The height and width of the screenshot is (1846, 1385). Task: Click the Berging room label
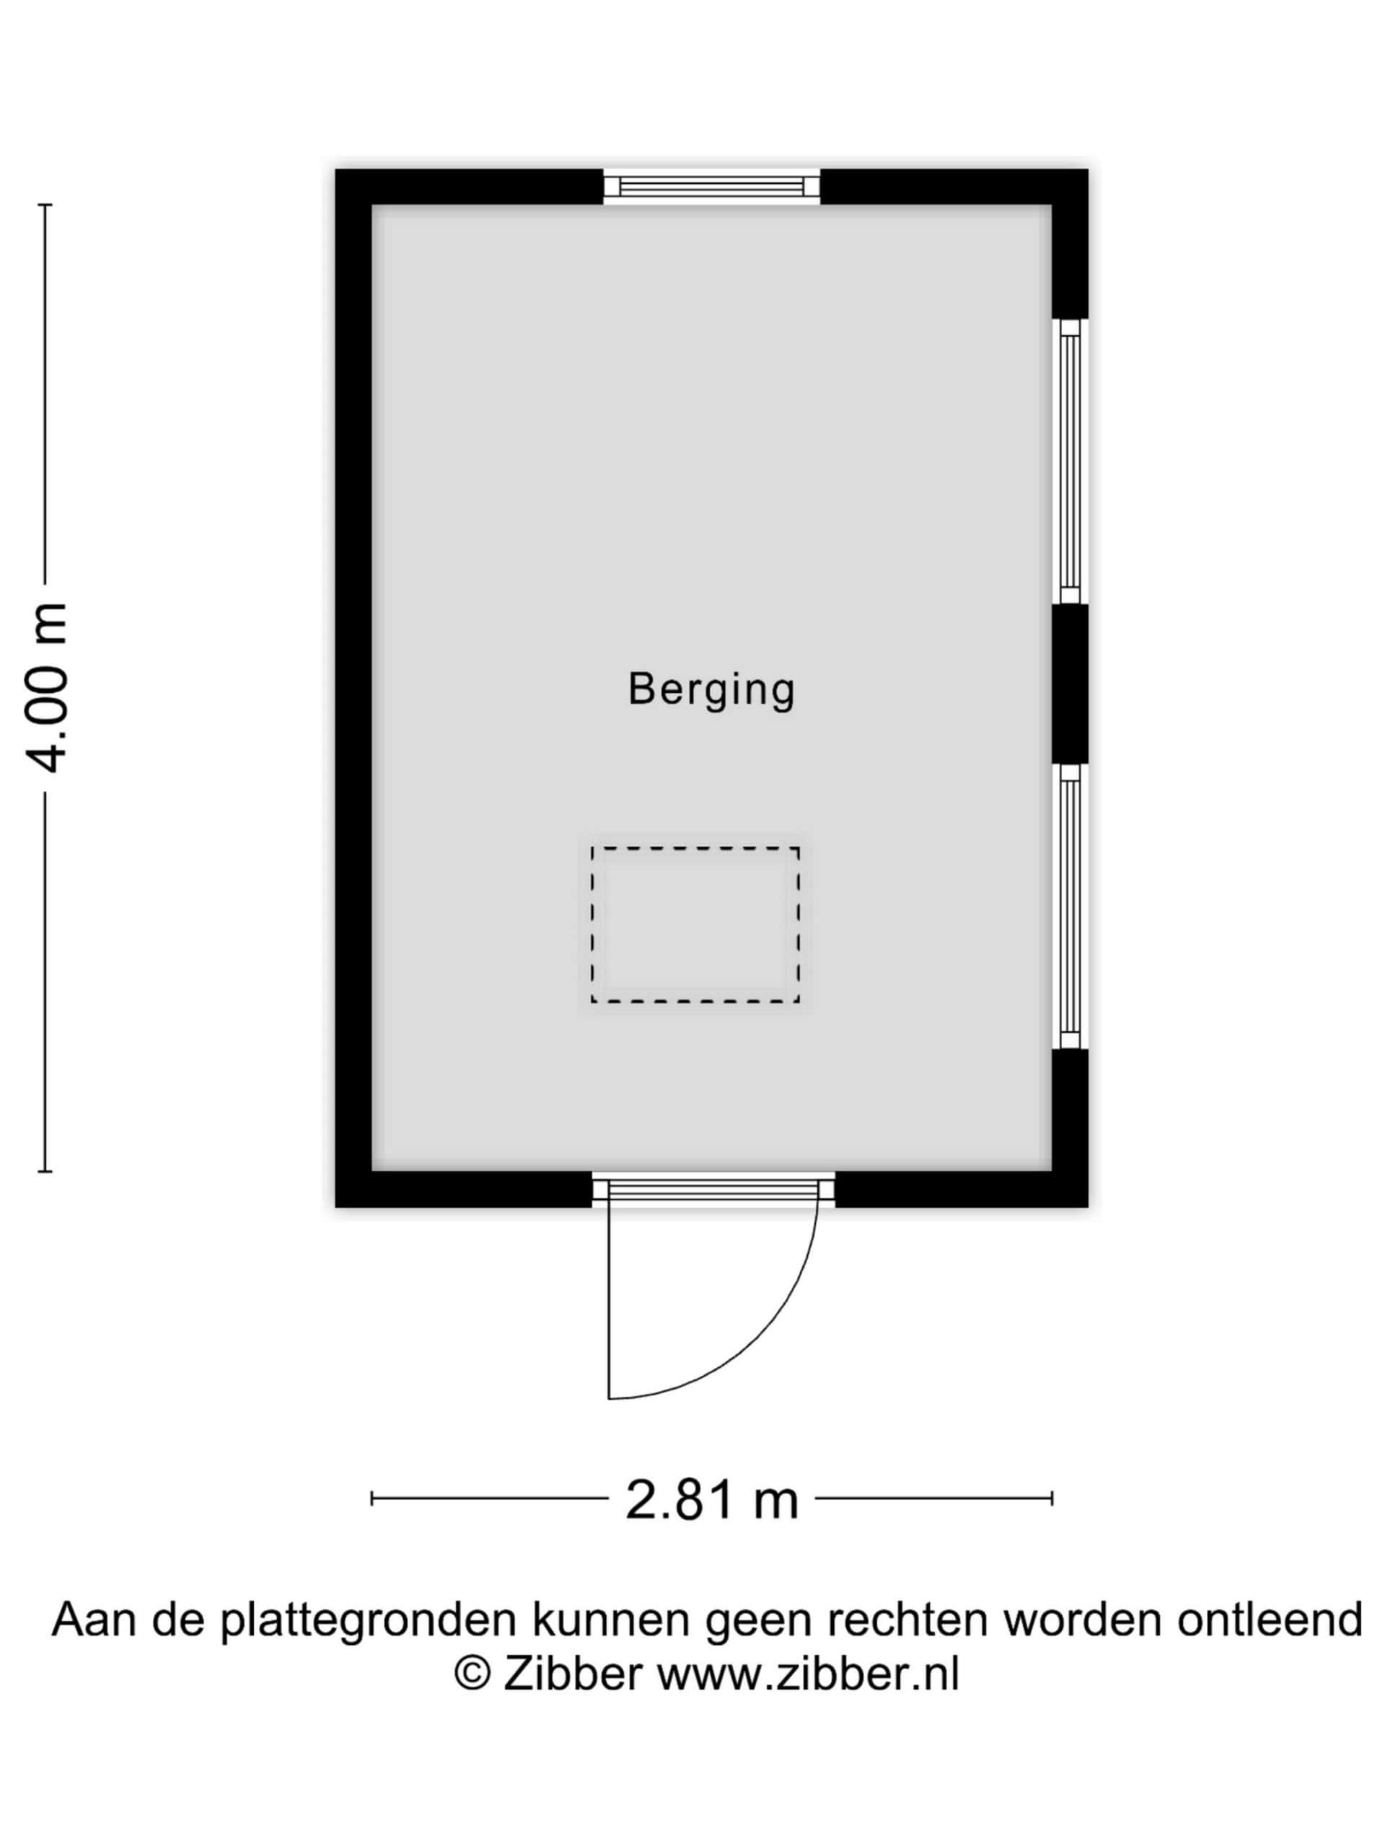(x=711, y=690)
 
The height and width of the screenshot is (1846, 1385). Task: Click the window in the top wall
(x=711, y=186)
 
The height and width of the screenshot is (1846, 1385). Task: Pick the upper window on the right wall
(x=1070, y=461)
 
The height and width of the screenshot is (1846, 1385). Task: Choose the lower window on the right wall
(x=1070, y=906)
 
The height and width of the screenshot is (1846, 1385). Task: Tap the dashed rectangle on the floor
(x=695, y=924)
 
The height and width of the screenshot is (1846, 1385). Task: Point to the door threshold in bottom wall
(x=714, y=1188)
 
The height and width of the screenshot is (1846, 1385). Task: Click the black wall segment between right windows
(x=1070, y=684)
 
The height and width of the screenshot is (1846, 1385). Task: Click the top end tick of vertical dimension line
(x=44, y=205)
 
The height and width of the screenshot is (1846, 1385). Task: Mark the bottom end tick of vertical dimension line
(x=44, y=1172)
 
